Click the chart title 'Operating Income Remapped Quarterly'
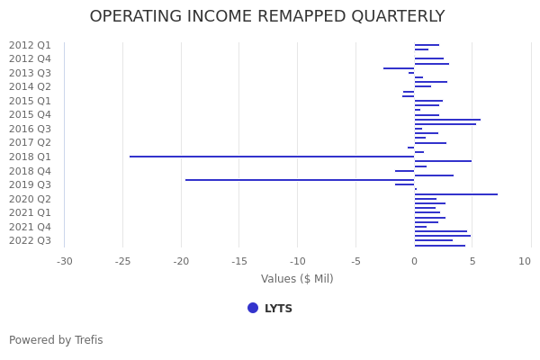(x=267, y=17)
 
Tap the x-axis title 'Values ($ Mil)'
(x=297, y=279)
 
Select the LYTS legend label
(x=278, y=309)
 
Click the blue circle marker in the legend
(x=253, y=308)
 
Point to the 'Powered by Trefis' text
(x=56, y=340)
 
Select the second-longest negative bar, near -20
(x=299, y=180)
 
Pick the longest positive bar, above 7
(x=455, y=194)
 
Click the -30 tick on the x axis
(x=65, y=262)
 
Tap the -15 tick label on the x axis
(x=239, y=262)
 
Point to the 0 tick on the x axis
(x=414, y=262)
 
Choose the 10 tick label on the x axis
(x=525, y=262)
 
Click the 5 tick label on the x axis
(x=472, y=262)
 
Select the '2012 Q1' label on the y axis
(x=30, y=46)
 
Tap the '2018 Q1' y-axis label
(x=30, y=157)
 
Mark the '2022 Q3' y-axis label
(x=30, y=240)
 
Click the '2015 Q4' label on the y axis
(x=30, y=115)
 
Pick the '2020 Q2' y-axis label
(x=30, y=199)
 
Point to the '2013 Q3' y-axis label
(x=30, y=73)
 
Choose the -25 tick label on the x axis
(x=122, y=262)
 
